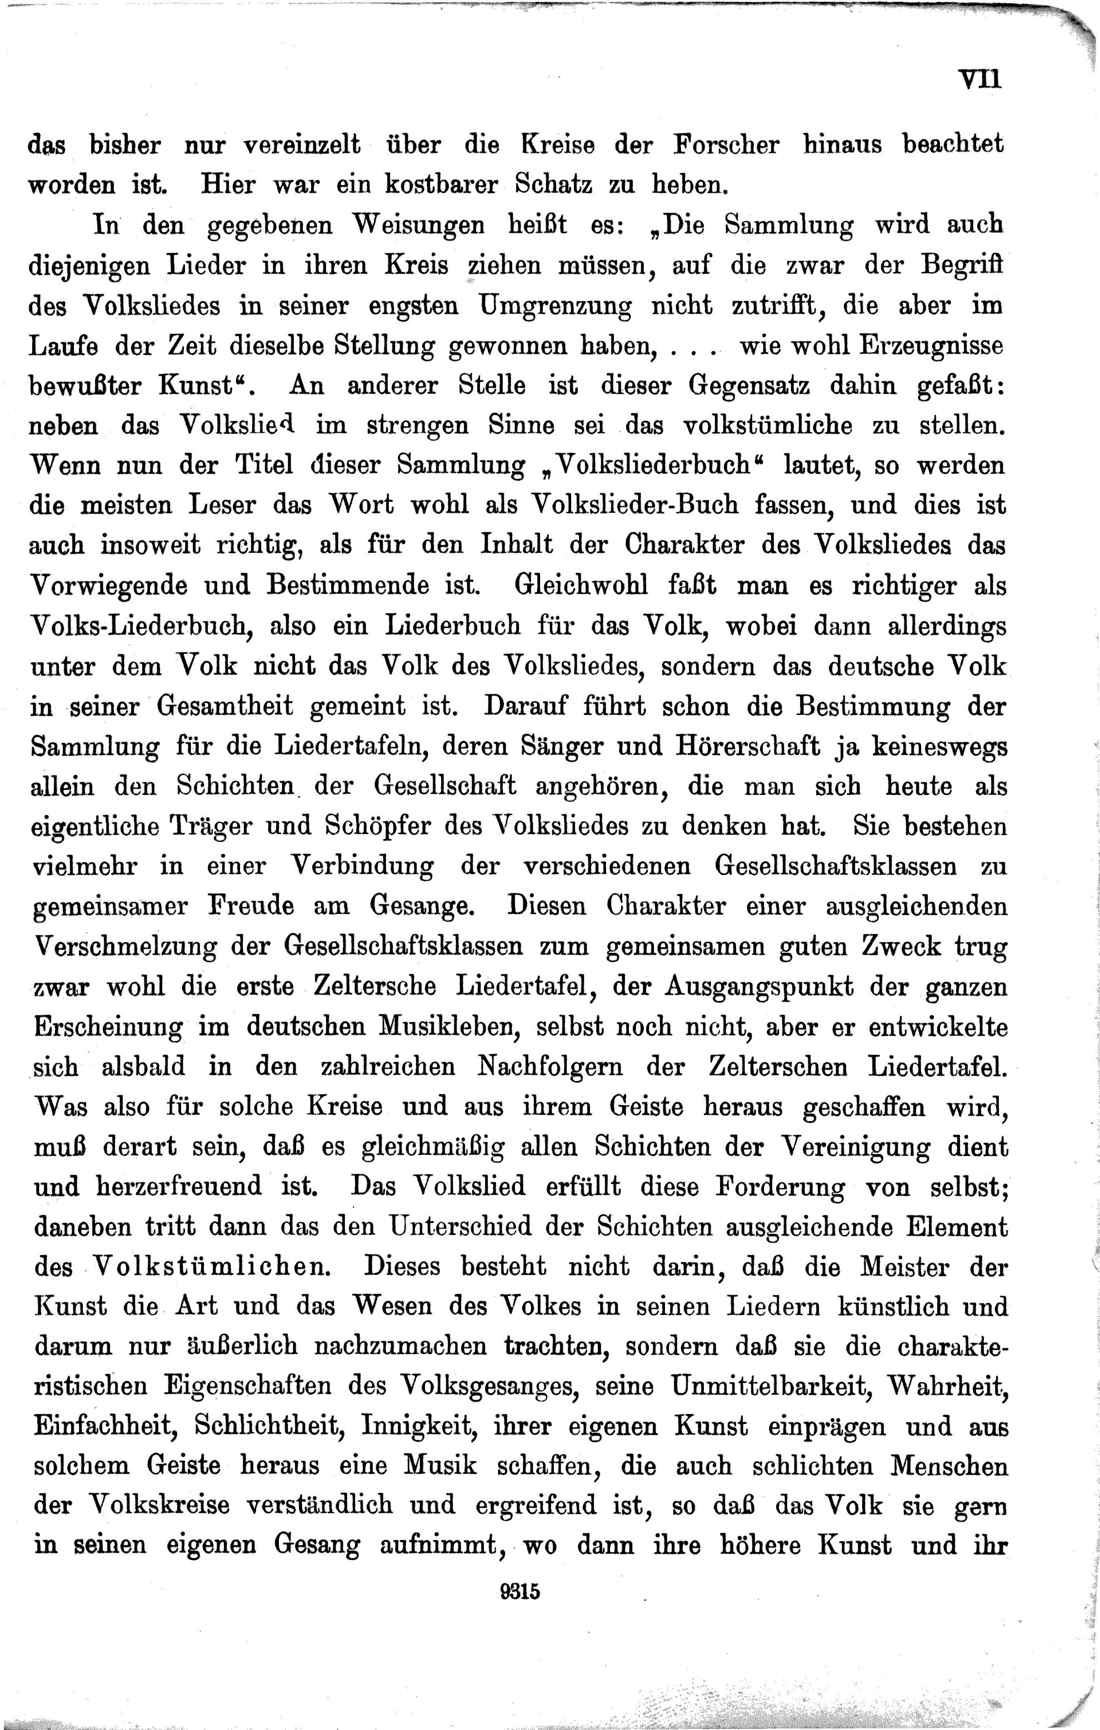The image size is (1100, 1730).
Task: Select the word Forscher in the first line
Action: (726, 145)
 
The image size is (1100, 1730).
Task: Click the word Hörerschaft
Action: (746, 747)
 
